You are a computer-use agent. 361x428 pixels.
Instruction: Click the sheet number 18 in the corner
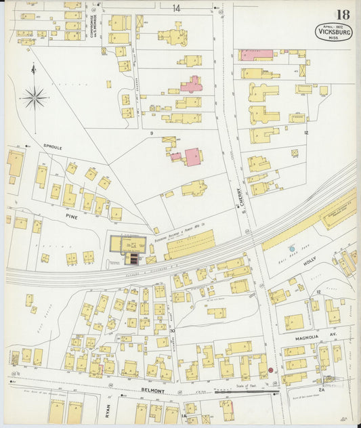341,15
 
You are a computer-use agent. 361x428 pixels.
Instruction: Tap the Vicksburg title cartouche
333,31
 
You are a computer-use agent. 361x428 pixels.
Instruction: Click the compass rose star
33,98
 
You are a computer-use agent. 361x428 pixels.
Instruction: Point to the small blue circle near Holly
292,249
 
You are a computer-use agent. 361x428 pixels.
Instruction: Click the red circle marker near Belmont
270,370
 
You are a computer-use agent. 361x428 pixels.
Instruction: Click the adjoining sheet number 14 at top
176,8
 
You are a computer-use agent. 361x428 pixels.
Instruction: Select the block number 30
172,331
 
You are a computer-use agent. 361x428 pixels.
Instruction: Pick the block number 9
152,133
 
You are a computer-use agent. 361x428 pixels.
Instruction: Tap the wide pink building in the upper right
256,54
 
